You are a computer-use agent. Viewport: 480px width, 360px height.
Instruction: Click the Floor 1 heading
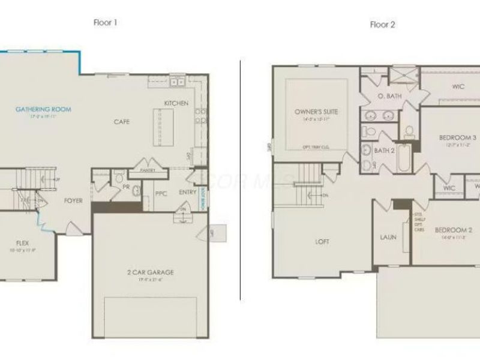pyautogui.click(x=105, y=23)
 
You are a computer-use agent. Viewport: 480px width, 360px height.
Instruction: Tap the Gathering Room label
pyautogui.click(x=43, y=110)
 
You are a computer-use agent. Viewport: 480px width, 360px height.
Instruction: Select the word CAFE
pyautogui.click(x=122, y=122)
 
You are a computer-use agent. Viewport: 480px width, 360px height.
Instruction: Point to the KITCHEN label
pyautogui.click(x=176, y=103)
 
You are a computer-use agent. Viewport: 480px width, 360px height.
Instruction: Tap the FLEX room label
pyautogui.click(x=22, y=243)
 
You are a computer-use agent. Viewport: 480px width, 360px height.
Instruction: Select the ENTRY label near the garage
pyautogui.click(x=188, y=193)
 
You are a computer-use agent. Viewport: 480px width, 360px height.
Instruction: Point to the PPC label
pyautogui.click(x=161, y=193)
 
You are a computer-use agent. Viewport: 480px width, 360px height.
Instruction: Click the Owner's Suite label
pyautogui.click(x=316, y=112)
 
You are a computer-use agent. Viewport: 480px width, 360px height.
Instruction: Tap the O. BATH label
pyautogui.click(x=389, y=96)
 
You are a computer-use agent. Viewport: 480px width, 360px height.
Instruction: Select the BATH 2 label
pyautogui.click(x=384, y=151)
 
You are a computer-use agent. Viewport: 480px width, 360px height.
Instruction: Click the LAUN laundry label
pyautogui.click(x=388, y=237)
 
